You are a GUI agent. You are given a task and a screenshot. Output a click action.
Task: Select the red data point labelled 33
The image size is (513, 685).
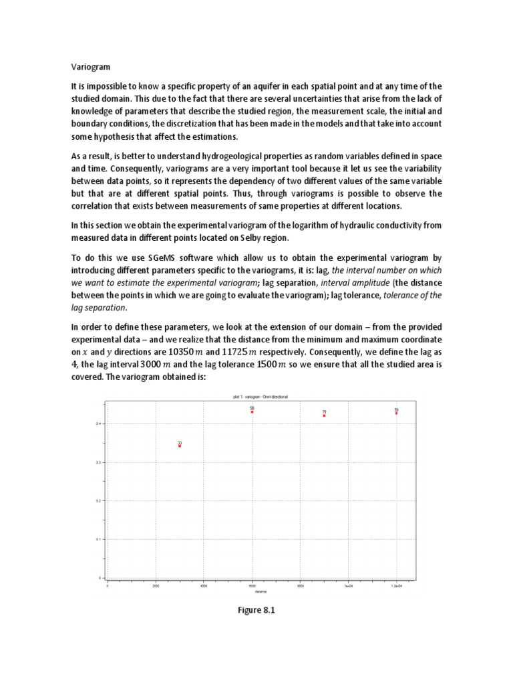[180, 446]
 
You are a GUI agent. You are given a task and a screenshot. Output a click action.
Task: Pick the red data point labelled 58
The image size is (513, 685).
[252, 411]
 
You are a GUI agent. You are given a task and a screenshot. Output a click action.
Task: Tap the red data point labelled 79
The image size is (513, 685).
[324, 415]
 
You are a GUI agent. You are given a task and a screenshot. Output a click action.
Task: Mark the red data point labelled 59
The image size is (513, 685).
[396, 413]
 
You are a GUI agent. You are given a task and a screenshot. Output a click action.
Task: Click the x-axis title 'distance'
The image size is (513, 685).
[251, 591]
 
